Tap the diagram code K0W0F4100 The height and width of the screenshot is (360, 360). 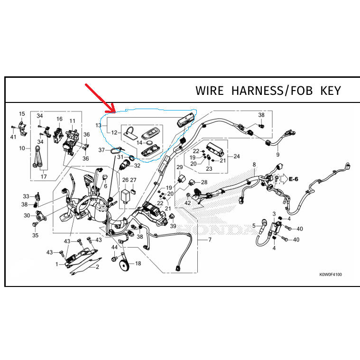click(x=331, y=274)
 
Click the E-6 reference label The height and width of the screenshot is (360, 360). click(x=294, y=179)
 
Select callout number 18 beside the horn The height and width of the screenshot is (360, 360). click(x=138, y=263)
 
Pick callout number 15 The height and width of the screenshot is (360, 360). click(x=22, y=114)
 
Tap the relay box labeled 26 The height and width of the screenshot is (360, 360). click(x=125, y=196)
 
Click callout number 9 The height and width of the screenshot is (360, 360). click(x=278, y=155)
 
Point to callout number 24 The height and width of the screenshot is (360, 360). click(x=237, y=157)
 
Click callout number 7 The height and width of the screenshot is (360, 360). click(x=210, y=240)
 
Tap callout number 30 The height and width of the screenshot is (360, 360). click(x=27, y=215)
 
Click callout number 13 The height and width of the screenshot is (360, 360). click(x=98, y=125)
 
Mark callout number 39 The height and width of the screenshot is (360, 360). click(x=173, y=226)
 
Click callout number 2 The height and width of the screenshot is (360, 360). click(x=97, y=267)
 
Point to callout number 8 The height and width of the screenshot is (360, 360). click(x=254, y=165)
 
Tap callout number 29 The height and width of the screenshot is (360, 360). click(x=180, y=167)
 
